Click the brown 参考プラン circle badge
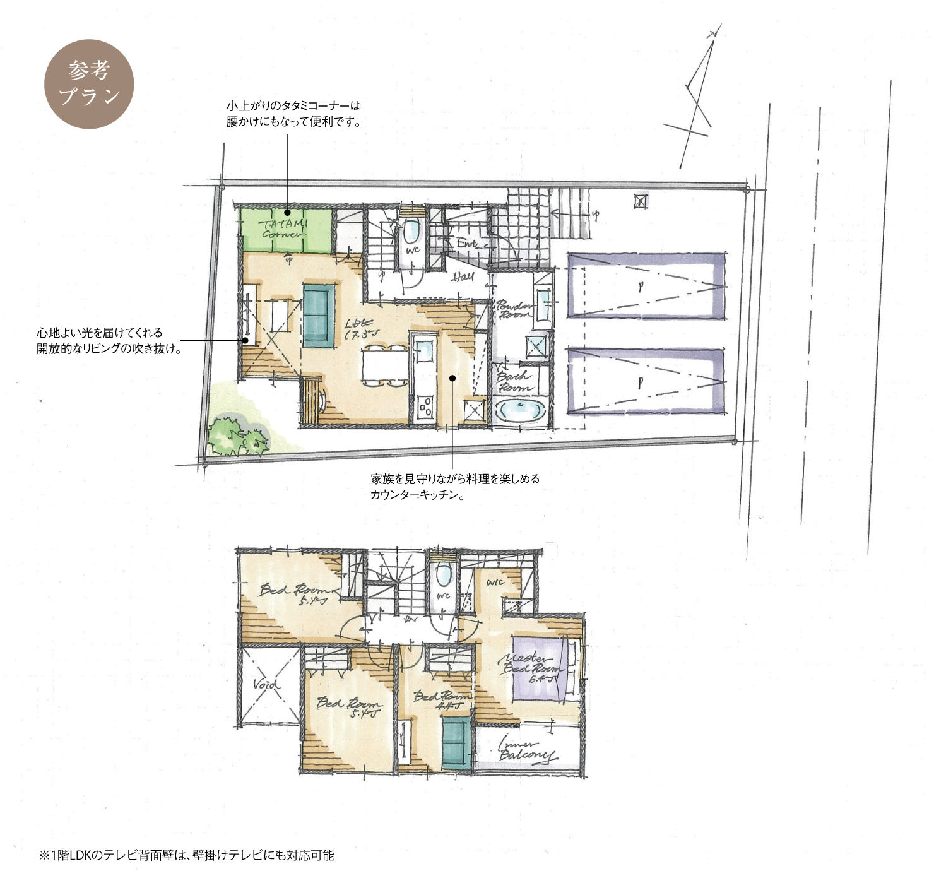click(89, 84)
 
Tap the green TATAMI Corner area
click(285, 229)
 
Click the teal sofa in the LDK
click(319, 315)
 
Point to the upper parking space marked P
click(644, 286)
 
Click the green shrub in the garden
click(237, 435)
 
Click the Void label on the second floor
click(266, 685)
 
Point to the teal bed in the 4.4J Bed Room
click(456, 742)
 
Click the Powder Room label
click(514, 309)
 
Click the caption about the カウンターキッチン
click(454, 487)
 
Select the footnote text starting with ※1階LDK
click(187, 855)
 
